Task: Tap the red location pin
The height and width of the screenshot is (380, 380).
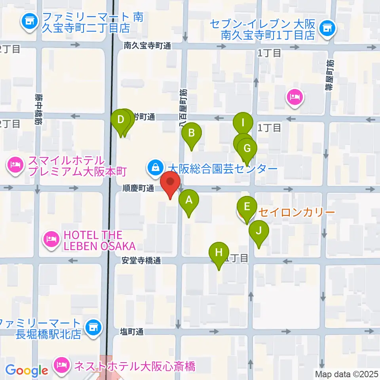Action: [171, 183]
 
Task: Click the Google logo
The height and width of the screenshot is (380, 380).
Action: [27, 370]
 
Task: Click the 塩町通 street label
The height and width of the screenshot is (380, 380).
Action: [131, 331]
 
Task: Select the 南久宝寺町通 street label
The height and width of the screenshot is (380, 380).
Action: [147, 46]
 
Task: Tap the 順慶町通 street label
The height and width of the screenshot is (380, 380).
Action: [138, 189]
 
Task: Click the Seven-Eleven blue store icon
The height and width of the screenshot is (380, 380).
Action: [327, 27]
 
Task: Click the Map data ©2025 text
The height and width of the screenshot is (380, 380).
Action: [347, 373]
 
